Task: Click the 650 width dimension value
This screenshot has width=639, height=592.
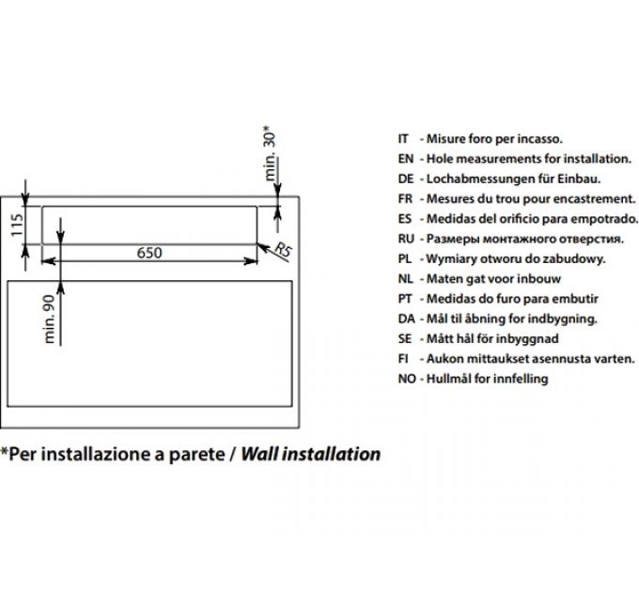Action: (x=149, y=253)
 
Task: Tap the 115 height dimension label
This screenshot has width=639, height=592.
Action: (x=17, y=225)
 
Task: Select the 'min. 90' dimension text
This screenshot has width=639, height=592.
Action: (x=49, y=319)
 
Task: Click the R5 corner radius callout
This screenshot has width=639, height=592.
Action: (x=283, y=249)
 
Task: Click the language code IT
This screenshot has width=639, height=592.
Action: (x=403, y=139)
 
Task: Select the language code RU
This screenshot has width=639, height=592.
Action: (x=406, y=239)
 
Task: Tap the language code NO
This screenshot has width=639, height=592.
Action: (x=407, y=379)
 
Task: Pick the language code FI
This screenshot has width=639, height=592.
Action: (x=403, y=359)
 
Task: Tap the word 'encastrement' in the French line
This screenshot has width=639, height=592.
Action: (x=591, y=199)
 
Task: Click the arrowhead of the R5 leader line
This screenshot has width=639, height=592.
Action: (x=262, y=247)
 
